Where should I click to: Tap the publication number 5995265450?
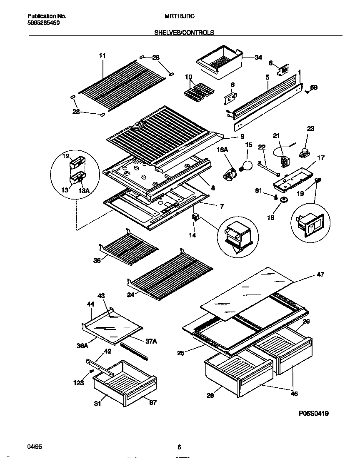(x=43, y=23)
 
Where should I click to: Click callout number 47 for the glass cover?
(x=320, y=274)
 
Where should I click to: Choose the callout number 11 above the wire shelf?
(x=102, y=56)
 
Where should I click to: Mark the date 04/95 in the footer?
(x=35, y=446)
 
